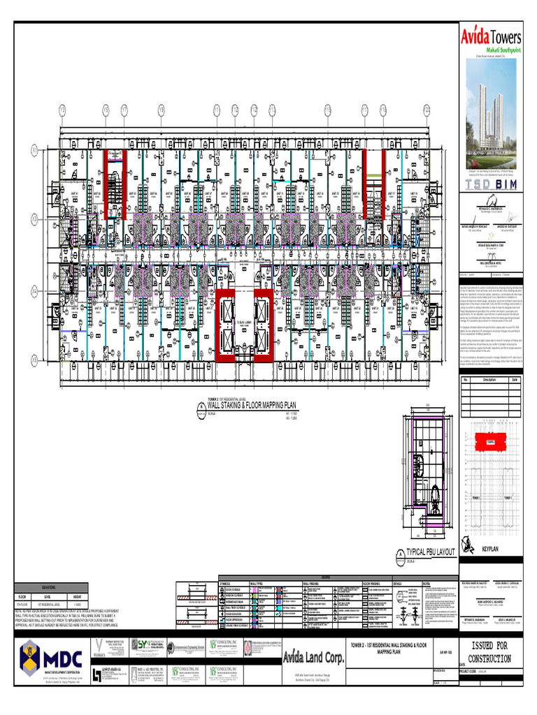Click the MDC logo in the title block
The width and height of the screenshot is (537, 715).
click(50, 658)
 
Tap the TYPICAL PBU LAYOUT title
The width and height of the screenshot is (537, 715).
click(431, 552)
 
